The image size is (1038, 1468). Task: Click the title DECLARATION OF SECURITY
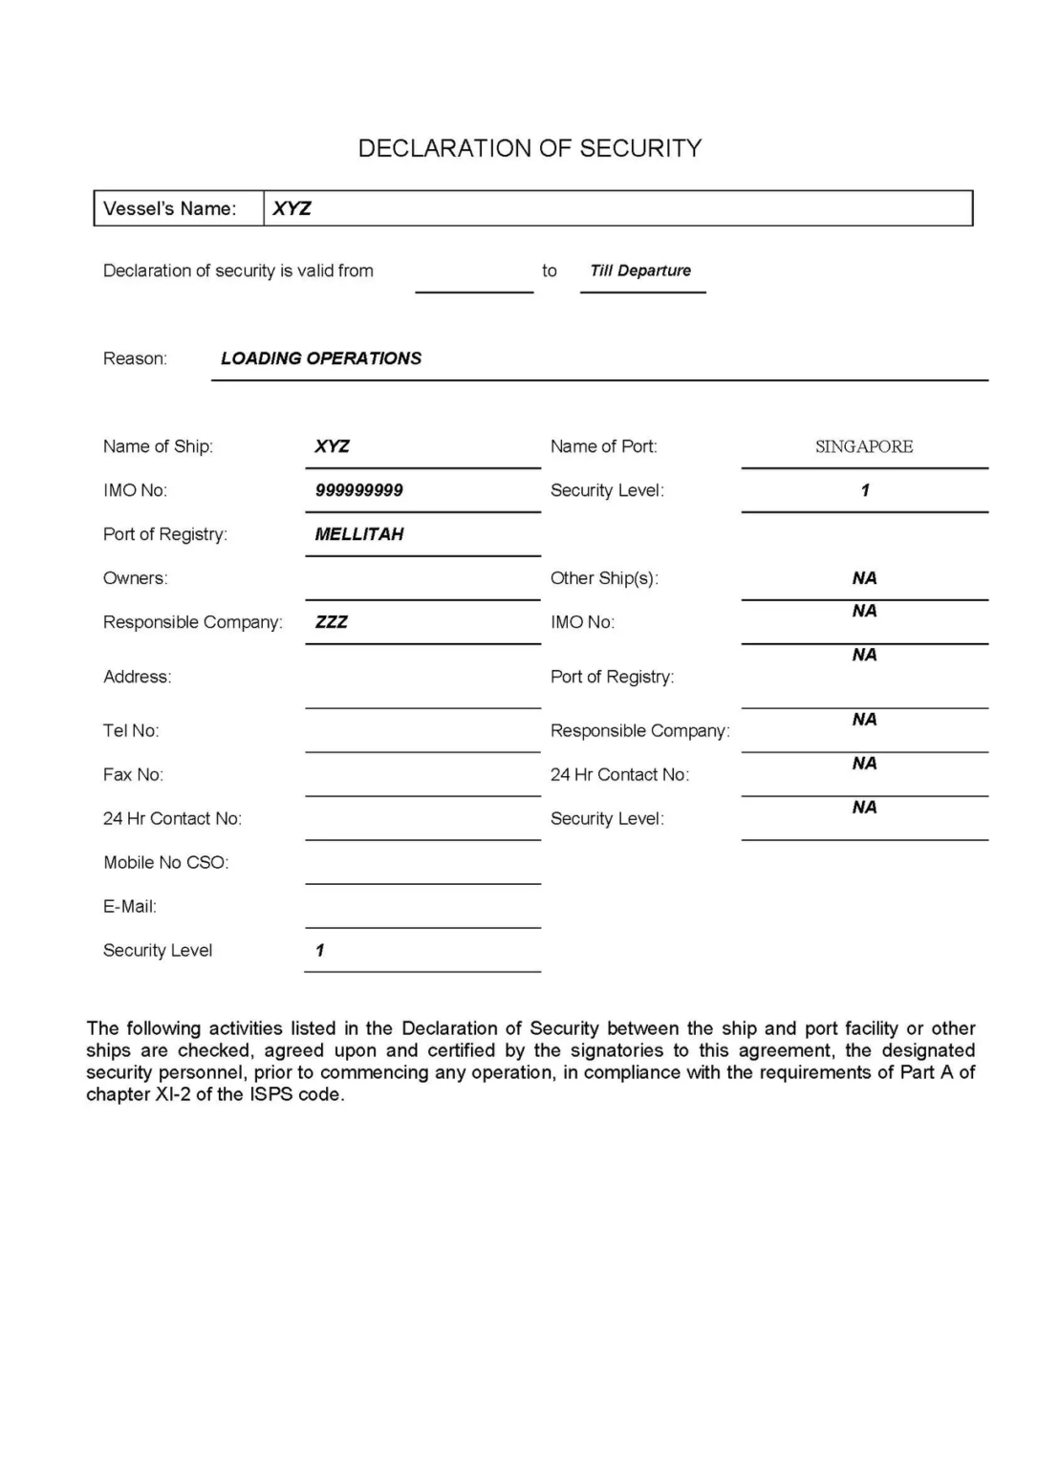[x=530, y=148]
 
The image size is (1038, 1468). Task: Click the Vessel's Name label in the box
[x=169, y=208]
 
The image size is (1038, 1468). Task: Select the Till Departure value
[x=640, y=270]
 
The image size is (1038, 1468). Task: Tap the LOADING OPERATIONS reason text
[x=321, y=358]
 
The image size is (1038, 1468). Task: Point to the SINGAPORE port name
[x=864, y=446]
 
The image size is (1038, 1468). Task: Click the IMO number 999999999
[x=359, y=490]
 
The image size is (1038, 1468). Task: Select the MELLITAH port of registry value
[x=359, y=534]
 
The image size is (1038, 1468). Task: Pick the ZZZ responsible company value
[x=332, y=622]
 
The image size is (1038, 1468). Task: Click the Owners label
[x=135, y=578]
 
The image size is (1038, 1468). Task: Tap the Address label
[x=138, y=677]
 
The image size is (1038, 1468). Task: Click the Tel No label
[x=131, y=730]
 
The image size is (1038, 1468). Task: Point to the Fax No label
[x=133, y=774]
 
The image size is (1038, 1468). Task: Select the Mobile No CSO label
[x=166, y=862]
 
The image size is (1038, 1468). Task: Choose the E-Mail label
[x=130, y=906]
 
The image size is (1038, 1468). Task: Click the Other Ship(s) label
[x=604, y=578]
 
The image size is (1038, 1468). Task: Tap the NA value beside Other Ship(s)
[x=864, y=578]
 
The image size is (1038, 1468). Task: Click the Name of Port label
[x=604, y=446]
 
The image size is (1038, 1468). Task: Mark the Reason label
[x=135, y=358]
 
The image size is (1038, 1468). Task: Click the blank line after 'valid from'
[x=474, y=282]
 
